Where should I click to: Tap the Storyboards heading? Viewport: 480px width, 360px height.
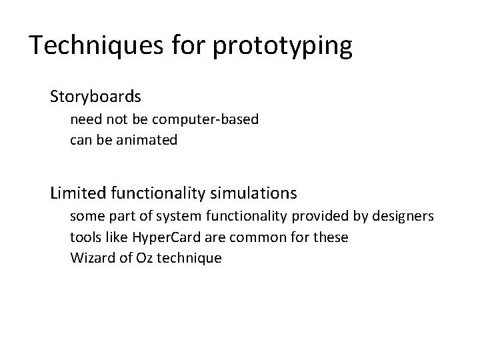(x=95, y=97)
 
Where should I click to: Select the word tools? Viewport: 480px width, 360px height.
(x=84, y=237)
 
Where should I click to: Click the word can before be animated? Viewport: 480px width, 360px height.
(x=81, y=140)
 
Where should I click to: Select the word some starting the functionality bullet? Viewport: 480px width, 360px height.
(x=86, y=217)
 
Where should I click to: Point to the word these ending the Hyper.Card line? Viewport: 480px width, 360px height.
(x=331, y=237)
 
